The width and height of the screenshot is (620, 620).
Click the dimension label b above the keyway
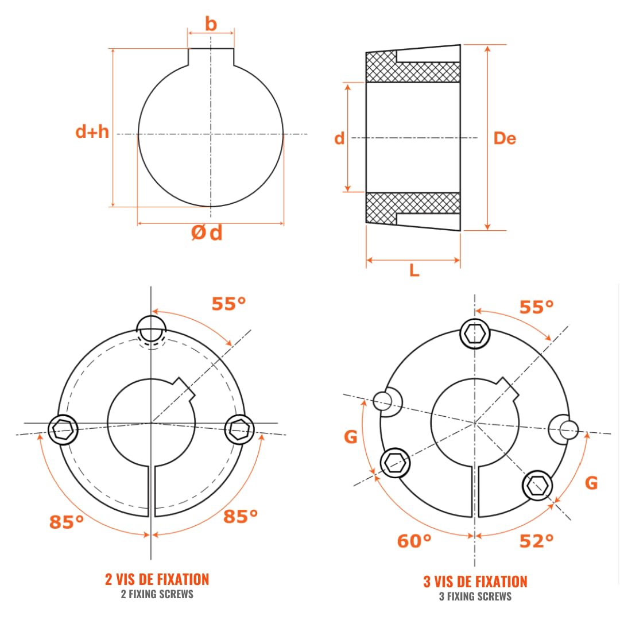(x=211, y=24)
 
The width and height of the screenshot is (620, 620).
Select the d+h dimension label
(x=92, y=131)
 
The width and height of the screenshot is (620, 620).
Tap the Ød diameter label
(x=207, y=232)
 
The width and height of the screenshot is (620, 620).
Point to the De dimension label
(x=505, y=138)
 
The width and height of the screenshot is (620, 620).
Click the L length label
(x=414, y=271)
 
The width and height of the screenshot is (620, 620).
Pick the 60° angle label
(x=414, y=541)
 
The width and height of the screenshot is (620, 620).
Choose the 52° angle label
(x=537, y=541)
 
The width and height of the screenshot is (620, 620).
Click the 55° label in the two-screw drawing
(x=228, y=304)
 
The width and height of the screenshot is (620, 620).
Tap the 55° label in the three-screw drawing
(x=537, y=307)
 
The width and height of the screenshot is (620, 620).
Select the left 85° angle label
(x=67, y=522)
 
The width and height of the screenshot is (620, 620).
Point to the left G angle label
(x=351, y=437)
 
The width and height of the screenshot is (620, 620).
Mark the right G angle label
(x=591, y=483)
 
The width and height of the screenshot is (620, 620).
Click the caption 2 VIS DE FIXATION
(x=157, y=579)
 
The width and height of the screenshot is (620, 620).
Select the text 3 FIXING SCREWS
(x=475, y=596)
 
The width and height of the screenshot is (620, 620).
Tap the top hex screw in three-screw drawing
(x=475, y=334)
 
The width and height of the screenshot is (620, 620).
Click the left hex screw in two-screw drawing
(x=63, y=429)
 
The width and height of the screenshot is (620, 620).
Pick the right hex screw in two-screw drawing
(x=239, y=429)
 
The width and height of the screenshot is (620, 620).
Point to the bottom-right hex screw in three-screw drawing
(x=537, y=486)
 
